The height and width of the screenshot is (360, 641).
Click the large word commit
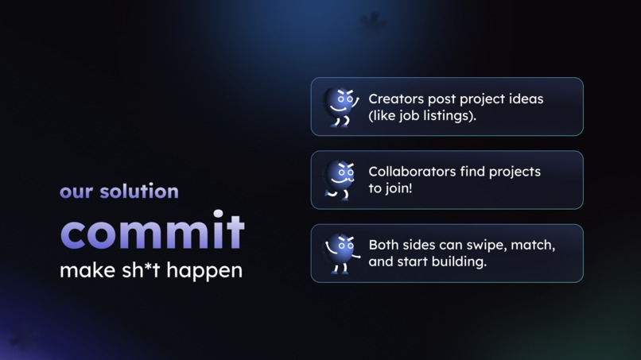[x=152, y=231]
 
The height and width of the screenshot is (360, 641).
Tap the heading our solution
[x=118, y=192]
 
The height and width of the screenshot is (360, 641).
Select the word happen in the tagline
[x=207, y=272]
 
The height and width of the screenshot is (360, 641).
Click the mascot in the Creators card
[x=340, y=106]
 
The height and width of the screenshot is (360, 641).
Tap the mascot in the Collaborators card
[x=340, y=180]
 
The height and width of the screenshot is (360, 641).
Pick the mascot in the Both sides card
[x=340, y=254]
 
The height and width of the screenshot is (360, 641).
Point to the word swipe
[x=482, y=246]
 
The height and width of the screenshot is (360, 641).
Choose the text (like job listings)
[x=422, y=116]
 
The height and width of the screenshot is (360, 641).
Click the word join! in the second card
[x=398, y=189]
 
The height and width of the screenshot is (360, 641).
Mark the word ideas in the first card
[x=525, y=99]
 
